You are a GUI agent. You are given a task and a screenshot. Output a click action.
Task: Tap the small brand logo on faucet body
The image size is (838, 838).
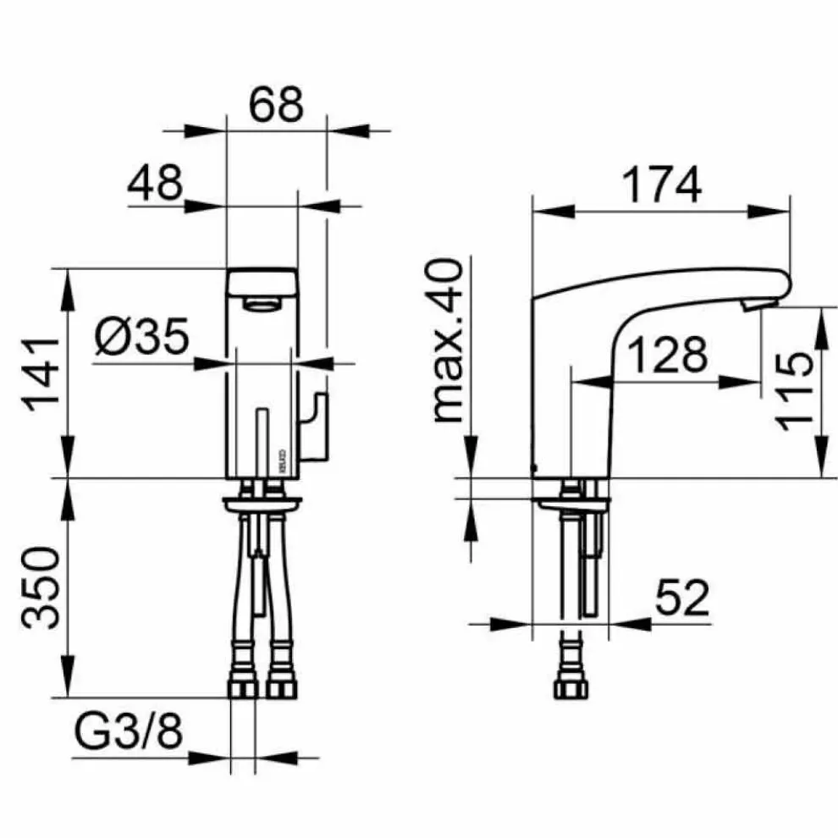(x=284, y=462)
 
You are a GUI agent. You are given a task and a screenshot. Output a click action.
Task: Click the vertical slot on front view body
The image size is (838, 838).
(x=262, y=440)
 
